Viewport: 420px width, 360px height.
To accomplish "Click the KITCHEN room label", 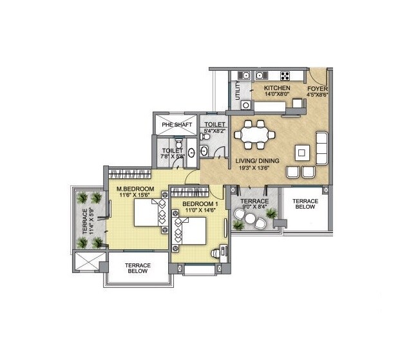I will [277, 88].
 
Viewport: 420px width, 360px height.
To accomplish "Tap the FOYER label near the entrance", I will [317, 88].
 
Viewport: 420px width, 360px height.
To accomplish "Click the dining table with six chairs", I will [254, 135].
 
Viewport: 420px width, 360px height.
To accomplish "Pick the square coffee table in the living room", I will [301, 152].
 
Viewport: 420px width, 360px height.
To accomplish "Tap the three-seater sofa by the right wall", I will [321, 147].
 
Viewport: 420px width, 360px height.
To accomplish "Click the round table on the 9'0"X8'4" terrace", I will [250, 220].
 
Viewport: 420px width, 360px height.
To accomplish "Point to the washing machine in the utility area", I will [245, 104].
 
